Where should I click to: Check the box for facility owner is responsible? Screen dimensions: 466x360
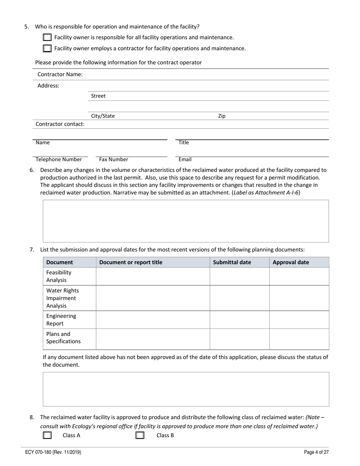pos(47,37)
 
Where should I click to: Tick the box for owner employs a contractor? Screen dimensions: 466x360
pos(47,48)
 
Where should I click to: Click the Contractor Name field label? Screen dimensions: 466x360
pos(60,74)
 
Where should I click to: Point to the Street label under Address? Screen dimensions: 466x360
pos(98,96)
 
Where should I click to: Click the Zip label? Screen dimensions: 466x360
pos(222,116)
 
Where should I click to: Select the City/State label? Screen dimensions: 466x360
pos(103,116)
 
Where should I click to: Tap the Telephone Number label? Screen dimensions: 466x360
pos(59,160)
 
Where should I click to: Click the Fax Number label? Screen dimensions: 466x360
pos(114,160)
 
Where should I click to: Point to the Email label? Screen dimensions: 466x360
pos(185,160)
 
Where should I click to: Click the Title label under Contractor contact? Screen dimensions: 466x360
pos(184,142)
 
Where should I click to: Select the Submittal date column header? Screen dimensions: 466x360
pos(232,262)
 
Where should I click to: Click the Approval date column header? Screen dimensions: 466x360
pos(291,262)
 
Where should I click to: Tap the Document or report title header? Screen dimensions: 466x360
pos(131,262)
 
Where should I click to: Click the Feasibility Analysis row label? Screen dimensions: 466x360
pos(59,276)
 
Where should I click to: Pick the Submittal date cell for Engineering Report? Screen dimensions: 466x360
pos(239,320)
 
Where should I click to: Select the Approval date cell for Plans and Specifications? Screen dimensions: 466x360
pos(299,339)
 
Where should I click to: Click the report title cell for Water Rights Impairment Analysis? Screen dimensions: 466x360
pos(153,298)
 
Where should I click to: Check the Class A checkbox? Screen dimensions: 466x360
pos(47,435)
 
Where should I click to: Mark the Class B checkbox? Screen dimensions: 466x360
pos(140,435)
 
